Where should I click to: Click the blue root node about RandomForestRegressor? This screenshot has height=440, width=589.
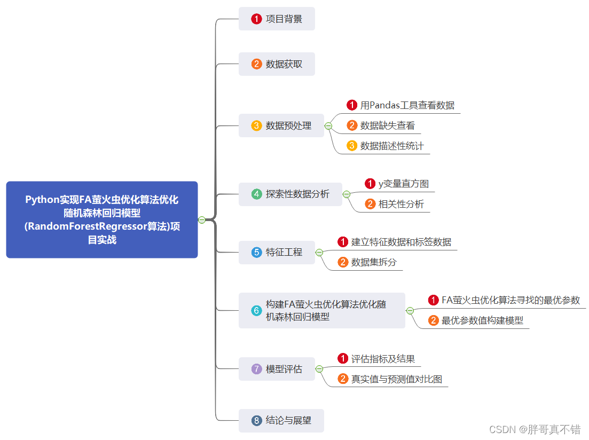click(x=102, y=219)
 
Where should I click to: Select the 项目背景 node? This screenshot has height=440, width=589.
click(x=277, y=19)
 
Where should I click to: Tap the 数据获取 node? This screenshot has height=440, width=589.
click(x=277, y=64)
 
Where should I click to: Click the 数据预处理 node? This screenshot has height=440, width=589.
click(x=281, y=126)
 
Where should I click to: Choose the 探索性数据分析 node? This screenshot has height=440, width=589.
click(x=290, y=194)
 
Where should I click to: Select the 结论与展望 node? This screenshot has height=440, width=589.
click(x=281, y=421)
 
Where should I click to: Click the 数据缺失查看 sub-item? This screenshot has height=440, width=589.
click(x=387, y=125)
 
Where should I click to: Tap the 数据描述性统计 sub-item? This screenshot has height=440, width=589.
click(x=392, y=146)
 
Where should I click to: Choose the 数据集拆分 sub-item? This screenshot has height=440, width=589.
click(x=374, y=262)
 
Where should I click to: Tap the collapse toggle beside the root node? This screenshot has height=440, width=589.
click(x=202, y=220)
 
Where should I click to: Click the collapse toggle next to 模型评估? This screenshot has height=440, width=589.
click(x=319, y=369)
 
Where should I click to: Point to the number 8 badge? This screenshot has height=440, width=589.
click(x=257, y=421)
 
